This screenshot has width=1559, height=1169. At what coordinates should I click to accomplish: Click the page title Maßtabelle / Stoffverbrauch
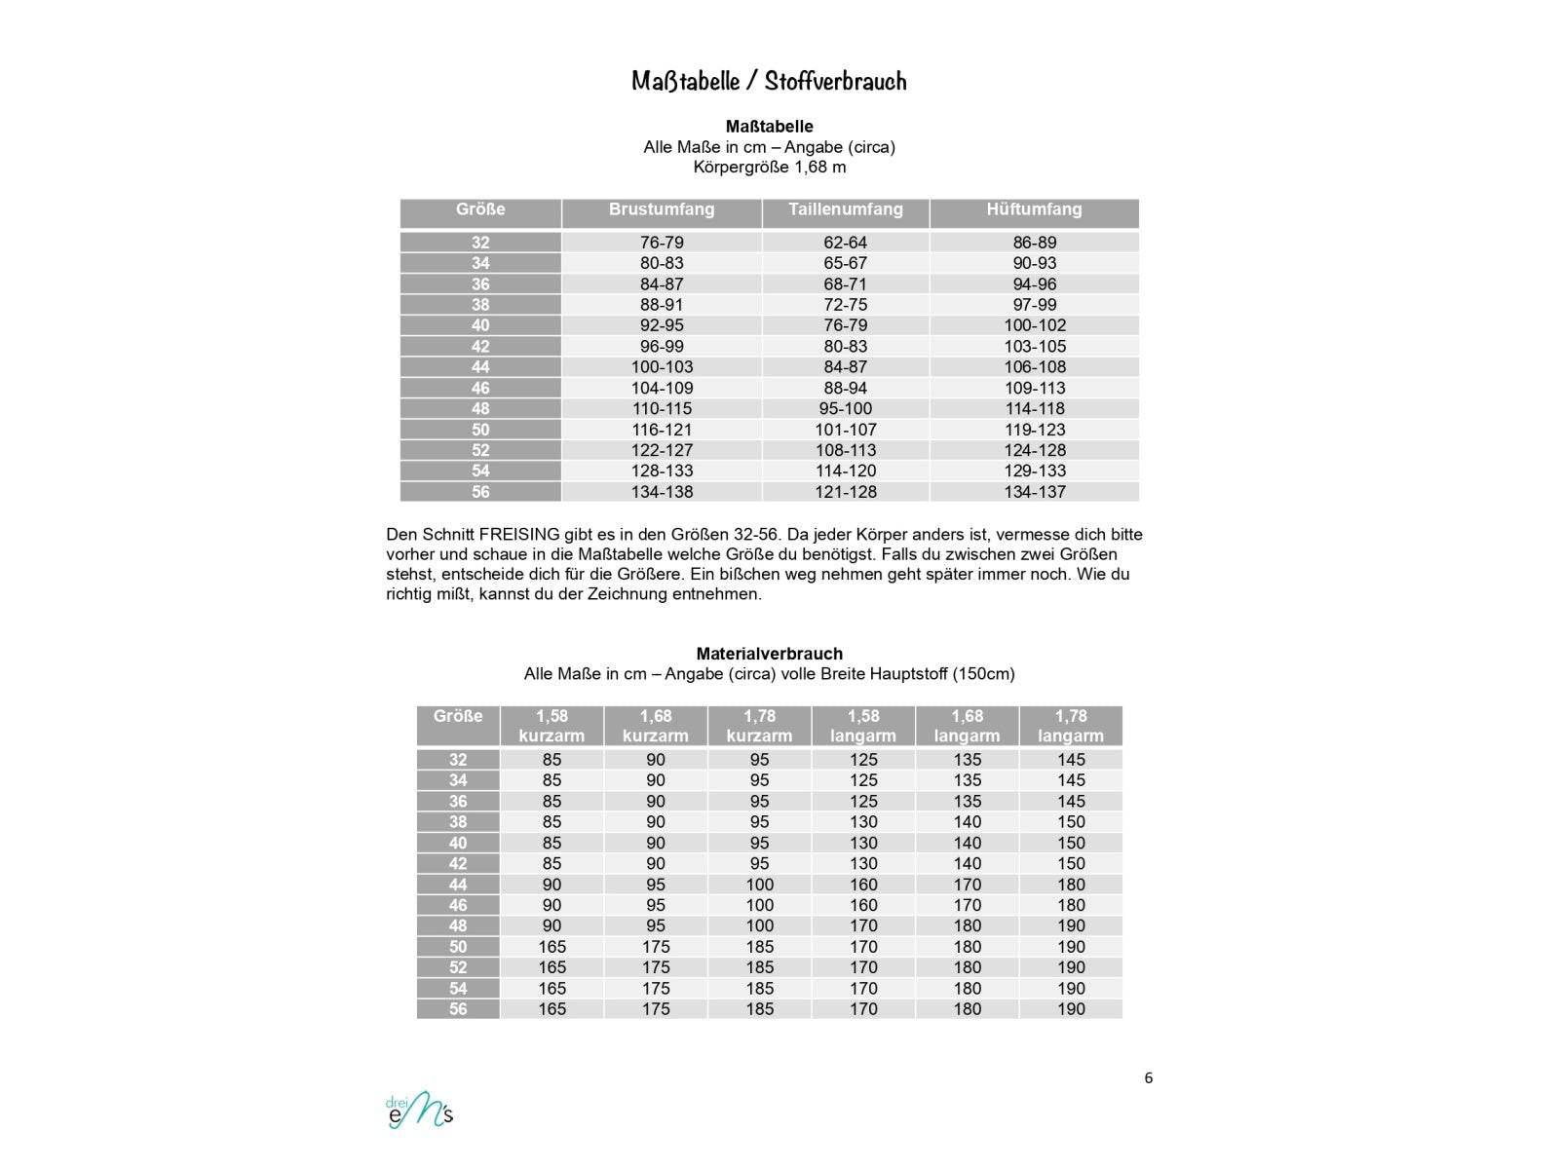769,81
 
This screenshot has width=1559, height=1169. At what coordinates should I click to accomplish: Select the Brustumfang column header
662,209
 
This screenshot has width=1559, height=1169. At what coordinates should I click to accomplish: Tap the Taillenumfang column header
845,209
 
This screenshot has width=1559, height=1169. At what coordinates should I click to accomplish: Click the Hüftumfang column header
1034,209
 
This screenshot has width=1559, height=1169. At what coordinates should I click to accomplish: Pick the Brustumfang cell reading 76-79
662,243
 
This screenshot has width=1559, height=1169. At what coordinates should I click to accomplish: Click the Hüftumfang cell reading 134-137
1035,492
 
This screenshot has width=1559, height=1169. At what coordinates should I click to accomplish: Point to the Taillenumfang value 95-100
845,409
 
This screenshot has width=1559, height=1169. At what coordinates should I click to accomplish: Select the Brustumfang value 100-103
662,367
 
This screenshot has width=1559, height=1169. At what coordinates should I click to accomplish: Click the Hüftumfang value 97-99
1035,305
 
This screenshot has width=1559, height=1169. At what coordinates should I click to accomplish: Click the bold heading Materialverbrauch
769,654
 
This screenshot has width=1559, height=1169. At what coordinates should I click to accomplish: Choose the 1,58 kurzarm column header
551,726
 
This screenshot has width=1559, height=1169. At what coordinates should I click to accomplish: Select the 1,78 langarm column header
1071,726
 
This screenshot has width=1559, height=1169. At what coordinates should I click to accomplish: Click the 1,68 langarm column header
967,726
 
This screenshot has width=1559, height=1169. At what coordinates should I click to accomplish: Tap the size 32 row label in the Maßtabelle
480,243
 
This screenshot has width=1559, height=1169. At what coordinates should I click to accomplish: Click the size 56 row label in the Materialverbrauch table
458,1009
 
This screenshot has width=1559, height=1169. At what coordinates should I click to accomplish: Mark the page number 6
1149,1077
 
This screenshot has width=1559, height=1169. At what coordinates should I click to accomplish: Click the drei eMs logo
419,1112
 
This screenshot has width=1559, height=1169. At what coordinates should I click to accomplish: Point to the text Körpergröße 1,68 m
769,167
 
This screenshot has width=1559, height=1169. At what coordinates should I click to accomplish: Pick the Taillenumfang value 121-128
845,492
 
